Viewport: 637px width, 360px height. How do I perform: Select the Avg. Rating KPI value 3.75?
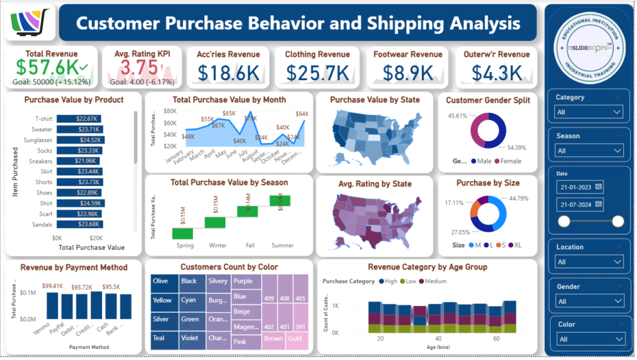(x=137, y=67)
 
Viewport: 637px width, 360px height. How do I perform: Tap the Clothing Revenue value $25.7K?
(x=317, y=72)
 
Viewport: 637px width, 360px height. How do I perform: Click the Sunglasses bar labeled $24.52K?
(x=80, y=140)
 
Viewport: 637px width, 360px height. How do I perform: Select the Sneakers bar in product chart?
(x=78, y=161)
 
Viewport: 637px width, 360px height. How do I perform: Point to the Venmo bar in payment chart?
(x=52, y=305)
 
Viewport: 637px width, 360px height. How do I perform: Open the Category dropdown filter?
(x=588, y=112)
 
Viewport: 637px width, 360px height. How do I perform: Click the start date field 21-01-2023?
(x=580, y=186)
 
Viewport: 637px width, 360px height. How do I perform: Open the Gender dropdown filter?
(x=588, y=302)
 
